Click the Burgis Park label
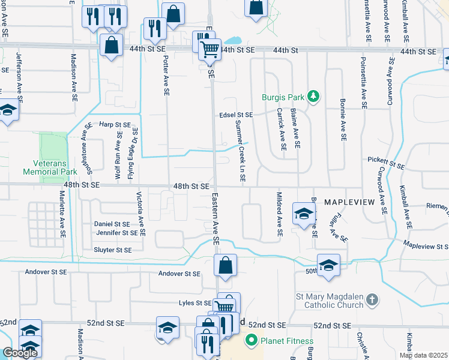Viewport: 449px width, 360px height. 282,97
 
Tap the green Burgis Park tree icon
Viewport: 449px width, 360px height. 312,96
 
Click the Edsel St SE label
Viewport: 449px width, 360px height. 236,115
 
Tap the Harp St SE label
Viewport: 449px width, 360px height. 115,124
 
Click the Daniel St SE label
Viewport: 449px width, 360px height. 112,224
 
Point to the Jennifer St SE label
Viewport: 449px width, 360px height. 117,233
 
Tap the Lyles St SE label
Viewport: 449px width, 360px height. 196,304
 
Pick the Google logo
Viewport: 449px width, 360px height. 20,353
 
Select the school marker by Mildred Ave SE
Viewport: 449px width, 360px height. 304,212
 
